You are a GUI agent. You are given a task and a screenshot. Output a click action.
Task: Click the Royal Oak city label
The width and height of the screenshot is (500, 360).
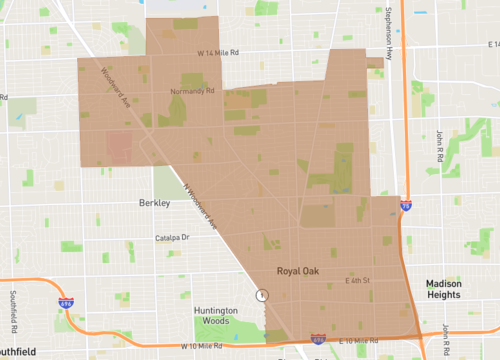point(298,271)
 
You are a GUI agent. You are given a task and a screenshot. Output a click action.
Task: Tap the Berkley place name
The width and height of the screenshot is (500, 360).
point(154,202)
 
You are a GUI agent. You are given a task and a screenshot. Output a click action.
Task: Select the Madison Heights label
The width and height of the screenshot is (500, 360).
point(442,289)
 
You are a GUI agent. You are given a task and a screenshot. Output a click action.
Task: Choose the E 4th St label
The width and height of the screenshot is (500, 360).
point(357,280)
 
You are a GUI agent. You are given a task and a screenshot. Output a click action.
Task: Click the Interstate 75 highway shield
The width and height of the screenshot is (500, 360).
point(405,205)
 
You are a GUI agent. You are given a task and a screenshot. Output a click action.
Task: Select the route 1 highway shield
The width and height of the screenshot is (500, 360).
point(262,295)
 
